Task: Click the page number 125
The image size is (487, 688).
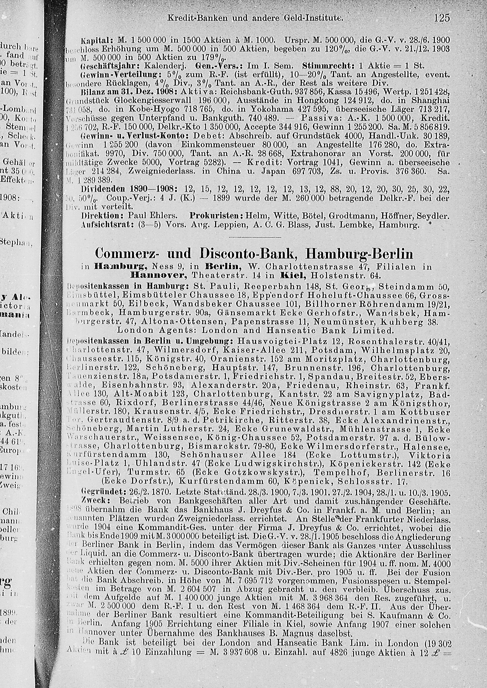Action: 442,18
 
